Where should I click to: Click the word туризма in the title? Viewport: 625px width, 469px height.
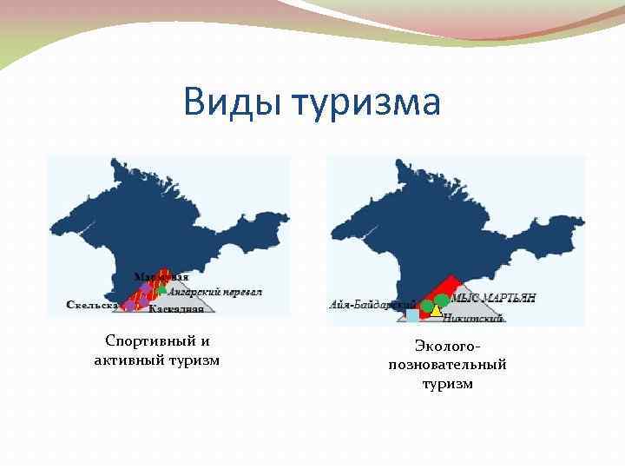[365, 102]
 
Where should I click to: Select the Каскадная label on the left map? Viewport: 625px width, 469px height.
[176, 308]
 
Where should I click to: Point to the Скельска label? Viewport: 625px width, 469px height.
[92, 305]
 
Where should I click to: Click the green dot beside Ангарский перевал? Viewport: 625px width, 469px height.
[162, 291]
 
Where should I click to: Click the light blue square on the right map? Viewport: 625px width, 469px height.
[412, 316]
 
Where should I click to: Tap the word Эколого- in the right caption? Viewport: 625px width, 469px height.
[447, 347]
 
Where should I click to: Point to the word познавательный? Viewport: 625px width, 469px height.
[447, 365]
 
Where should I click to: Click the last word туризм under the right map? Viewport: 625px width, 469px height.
[447, 383]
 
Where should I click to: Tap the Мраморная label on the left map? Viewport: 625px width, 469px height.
[161, 277]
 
